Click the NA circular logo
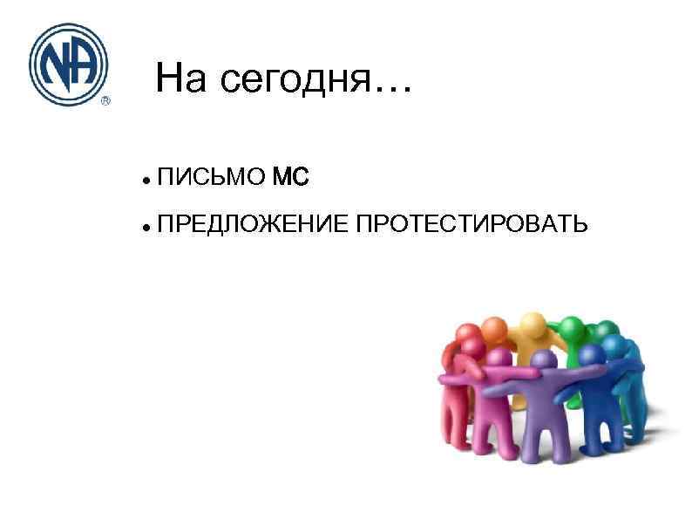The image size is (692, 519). (68, 64)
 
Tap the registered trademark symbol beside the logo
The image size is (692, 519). (105, 100)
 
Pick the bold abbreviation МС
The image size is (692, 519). (290, 178)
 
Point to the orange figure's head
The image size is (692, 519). (494, 329)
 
